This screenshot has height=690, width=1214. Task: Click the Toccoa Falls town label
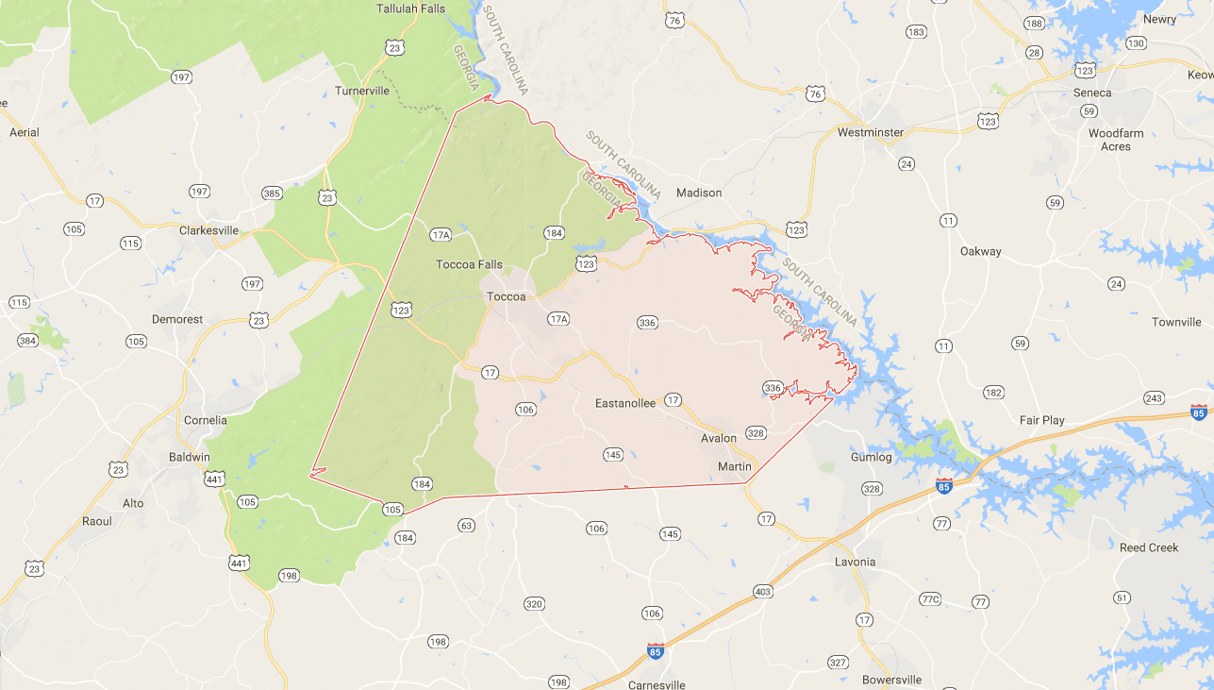[x=469, y=264]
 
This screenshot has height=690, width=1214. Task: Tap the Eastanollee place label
[x=625, y=403]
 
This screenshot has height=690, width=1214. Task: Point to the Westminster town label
[x=871, y=132]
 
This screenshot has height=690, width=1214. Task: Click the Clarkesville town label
[x=209, y=229]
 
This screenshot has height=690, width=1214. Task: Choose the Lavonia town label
[x=855, y=562]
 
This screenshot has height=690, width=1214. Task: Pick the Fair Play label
[x=1042, y=420]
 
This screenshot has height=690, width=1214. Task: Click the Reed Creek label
[x=1149, y=547]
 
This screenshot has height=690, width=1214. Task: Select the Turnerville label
[x=362, y=91]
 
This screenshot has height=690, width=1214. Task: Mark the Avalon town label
[x=719, y=439]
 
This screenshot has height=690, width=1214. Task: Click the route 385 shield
[x=272, y=194]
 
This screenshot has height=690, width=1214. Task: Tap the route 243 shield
[x=1154, y=397]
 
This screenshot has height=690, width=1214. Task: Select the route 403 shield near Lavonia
[x=763, y=592]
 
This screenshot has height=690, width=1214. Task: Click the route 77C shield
[x=930, y=599]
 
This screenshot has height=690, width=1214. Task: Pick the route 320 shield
[x=534, y=604]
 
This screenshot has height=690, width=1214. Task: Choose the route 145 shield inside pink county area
[x=613, y=455]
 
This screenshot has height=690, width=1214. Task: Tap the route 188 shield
[x=1034, y=24]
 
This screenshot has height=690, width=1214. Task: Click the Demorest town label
[x=177, y=319]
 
